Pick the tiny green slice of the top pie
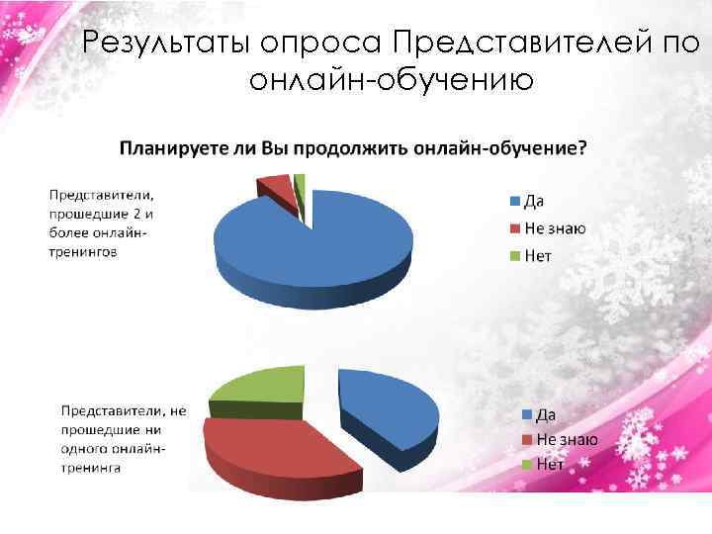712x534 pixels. click(300, 179)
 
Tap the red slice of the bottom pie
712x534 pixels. click(272, 445)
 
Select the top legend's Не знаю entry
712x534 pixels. click(554, 229)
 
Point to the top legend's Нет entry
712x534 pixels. click(538, 256)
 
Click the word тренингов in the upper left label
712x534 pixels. click(84, 252)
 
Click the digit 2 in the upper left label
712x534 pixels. click(140, 215)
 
